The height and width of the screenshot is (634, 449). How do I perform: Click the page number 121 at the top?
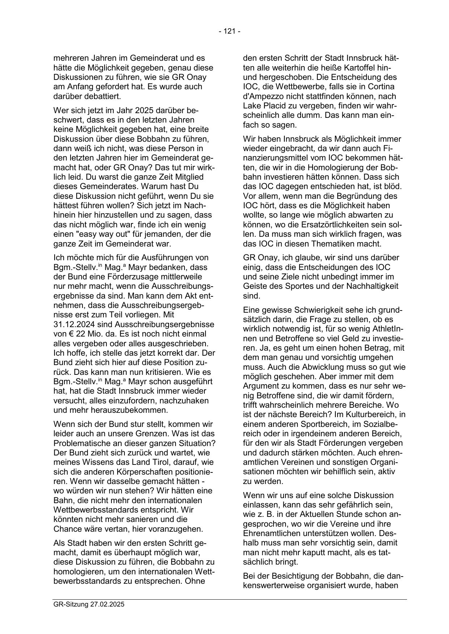pos(230,31)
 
